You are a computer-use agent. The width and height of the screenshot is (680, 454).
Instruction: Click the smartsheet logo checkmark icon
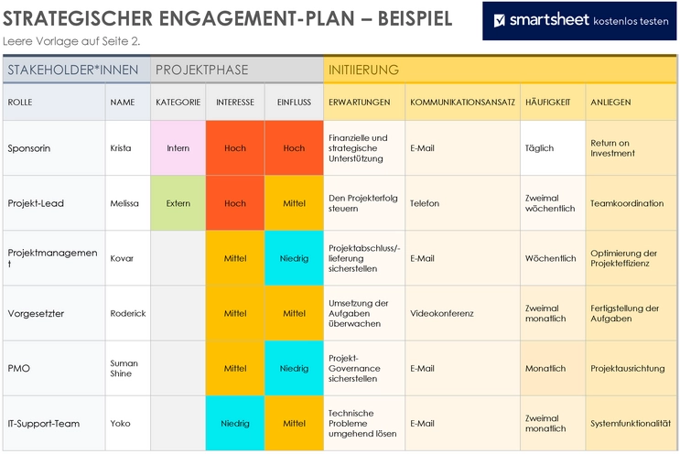click(x=500, y=20)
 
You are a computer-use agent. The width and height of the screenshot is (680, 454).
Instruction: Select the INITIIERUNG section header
click(x=364, y=70)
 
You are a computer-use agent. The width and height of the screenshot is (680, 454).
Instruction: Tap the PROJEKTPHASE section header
click(x=201, y=70)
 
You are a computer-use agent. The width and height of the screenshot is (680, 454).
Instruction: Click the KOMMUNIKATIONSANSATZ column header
click(x=462, y=102)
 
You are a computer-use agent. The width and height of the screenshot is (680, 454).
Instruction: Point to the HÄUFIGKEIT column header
click(x=547, y=102)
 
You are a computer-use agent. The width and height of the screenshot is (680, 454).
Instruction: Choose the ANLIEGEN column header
click(x=610, y=102)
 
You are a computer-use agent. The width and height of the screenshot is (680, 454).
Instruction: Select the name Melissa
click(x=124, y=203)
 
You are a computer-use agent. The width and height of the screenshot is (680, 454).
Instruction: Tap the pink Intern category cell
click(x=178, y=148)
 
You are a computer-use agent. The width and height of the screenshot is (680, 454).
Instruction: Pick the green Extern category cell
click(x=178, y=203)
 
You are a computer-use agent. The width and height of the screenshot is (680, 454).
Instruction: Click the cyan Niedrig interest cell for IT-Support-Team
click(x=234, y=424)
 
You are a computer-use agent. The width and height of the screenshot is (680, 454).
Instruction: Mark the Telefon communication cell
click(x=425, y=203)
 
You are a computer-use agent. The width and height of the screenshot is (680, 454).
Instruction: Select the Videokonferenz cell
click(x=441, y=313)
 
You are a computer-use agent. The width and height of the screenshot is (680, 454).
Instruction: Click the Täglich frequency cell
click(x=539, y=148)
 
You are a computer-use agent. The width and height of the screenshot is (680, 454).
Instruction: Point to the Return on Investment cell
click(x=612, y=148)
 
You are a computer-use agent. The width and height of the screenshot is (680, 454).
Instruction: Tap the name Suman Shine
click(x=124, y=368)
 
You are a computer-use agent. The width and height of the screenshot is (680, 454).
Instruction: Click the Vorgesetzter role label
click(x=35, y=313)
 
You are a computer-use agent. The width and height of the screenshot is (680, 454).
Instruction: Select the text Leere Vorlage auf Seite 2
click(x=71, y=41)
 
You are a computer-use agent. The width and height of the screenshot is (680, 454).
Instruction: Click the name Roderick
click(x=127, y=313)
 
